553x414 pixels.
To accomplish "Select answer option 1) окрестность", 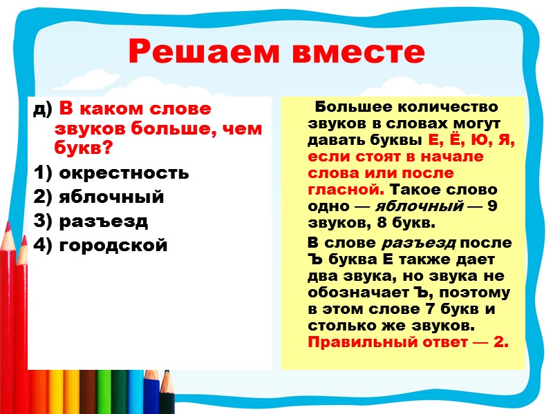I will [111, 172].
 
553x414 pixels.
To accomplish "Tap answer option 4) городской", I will [100, 245].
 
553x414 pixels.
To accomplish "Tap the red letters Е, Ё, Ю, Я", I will [476, 140].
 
